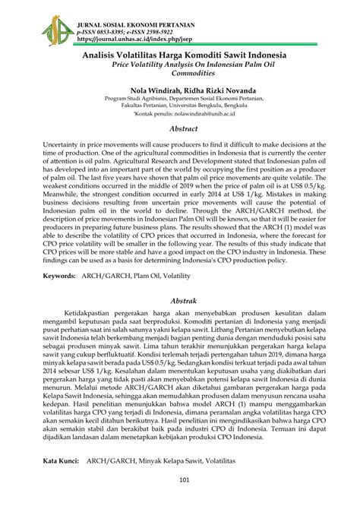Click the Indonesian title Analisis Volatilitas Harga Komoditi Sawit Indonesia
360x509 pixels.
pyautogui.click(x=179, y=56)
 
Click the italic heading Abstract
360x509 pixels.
pyautogui.click(x=179, y=130)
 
